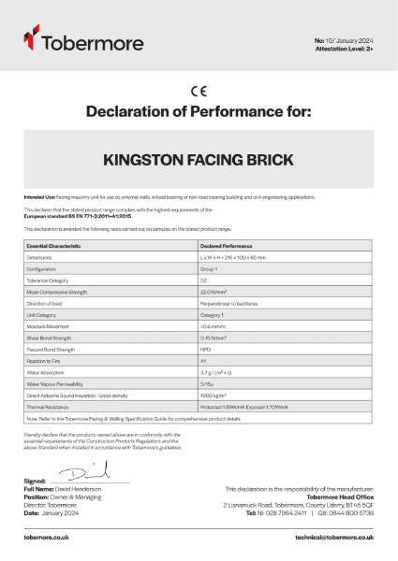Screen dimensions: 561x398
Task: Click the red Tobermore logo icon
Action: tap(32, 40)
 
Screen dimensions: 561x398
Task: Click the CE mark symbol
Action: tap(199, 91)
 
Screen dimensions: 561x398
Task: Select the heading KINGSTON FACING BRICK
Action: tap(199, 159)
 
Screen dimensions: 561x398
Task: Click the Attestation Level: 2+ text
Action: tap(346, 49)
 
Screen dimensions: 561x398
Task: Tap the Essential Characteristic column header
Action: tap(56, 244)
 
